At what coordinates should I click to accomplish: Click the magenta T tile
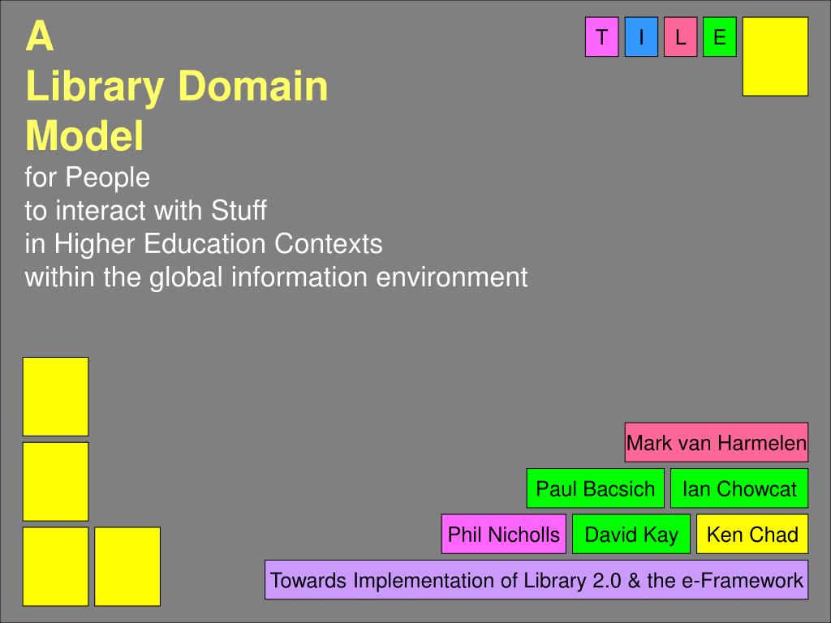click(601, 37)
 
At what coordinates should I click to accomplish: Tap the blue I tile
click(641, 37)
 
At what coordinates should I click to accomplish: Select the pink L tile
click(681, 37)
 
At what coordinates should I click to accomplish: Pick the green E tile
click(720, 37)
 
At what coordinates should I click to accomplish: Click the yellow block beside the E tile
click(775, 57)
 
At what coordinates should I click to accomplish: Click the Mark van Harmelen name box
click(717, 442)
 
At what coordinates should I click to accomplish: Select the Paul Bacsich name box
click(595, 488)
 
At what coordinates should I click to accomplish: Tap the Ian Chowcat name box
click(739, 488)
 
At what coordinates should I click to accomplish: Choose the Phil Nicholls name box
click(503, 534)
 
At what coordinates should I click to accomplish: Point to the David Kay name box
click(631, 534)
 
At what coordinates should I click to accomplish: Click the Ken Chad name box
click(752, 534)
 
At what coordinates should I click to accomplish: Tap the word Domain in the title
click(253, 85)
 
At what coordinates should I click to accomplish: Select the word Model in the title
click(84, 135)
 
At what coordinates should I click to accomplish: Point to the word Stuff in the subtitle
click(239, 210)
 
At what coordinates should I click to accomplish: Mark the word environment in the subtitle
click(452, 277)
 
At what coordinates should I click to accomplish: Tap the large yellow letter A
click(40, 36)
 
